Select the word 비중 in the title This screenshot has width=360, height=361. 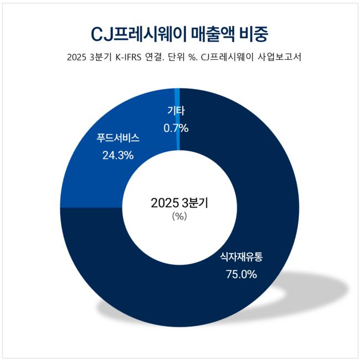point(254,34)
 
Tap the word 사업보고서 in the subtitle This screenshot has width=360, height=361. point(281,58)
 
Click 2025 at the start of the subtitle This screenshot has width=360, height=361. point(76,58)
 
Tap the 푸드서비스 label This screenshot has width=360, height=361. point(118,138)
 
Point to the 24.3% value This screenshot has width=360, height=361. point(118,156)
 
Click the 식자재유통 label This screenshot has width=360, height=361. point(241,256)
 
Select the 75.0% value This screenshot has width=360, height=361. point(241,274)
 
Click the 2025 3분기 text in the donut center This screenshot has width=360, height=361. point(179,203)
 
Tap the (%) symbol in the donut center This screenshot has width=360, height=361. point(179,216)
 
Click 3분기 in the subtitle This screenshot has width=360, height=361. point(101,58)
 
